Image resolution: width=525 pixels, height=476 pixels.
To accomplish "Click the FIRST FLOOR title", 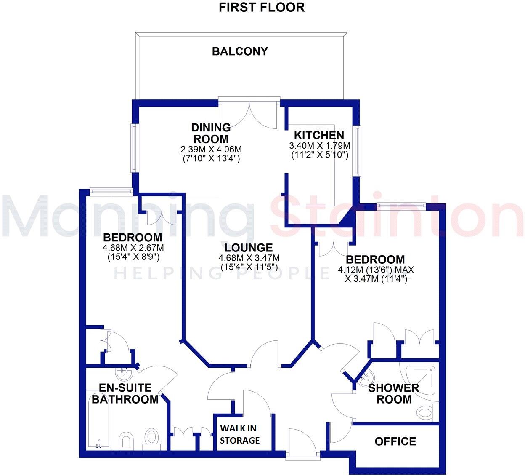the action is point(262,7).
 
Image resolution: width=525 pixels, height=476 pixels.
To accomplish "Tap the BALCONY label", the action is point(240,51).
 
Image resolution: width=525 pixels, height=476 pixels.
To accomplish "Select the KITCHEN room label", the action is point(319,135).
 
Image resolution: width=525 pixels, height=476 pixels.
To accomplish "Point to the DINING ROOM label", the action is point(211,133).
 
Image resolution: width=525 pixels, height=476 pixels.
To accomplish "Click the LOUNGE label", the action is point(249,248).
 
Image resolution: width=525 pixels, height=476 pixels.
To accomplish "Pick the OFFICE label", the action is point(395,441).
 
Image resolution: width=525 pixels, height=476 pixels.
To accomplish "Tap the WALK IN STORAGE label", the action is point(239,434).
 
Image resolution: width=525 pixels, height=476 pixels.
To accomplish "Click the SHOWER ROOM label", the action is point(394,394).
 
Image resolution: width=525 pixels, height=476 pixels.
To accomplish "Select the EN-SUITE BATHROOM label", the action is point(125,394).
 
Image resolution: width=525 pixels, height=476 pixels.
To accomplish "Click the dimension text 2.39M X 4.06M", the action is point(211,150).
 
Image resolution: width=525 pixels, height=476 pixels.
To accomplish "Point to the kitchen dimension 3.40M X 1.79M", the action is point(320,145).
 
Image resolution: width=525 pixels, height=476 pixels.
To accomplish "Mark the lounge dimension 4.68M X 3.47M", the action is point(249,258).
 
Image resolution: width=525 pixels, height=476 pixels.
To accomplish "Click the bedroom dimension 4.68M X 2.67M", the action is point(133,248).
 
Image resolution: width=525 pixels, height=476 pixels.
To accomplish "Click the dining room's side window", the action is point(134,148).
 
